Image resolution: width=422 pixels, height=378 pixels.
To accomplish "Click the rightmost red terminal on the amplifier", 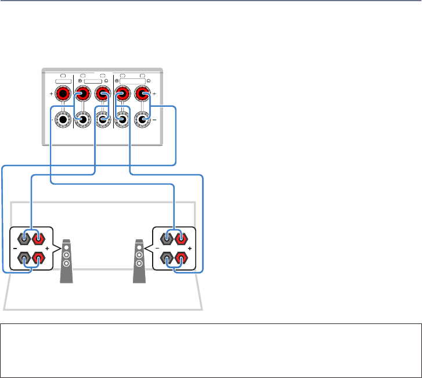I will (x=142, y=93).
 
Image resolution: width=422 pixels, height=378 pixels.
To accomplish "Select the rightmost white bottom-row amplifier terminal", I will (x=142, y=120).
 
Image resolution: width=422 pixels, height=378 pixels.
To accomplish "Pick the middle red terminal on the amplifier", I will (x=103, y=93).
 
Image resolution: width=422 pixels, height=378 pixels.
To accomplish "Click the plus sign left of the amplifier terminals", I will (x=52, y=93).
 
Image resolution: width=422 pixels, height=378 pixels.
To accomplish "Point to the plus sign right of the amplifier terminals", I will (x=154, y=93).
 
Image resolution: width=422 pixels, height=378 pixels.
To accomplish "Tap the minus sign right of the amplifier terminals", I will (x=154, y=120).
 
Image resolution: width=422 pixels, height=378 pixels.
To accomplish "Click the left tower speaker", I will (x=67, y=261).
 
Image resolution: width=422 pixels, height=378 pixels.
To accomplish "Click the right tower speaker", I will (x=139, y=261).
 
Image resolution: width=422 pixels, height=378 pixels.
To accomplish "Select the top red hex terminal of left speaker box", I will (x=38, y=237).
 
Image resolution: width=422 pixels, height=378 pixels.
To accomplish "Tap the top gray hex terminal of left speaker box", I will (x=24, y=237).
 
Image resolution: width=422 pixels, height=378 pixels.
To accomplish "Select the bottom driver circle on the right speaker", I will (x=139, y=263).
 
